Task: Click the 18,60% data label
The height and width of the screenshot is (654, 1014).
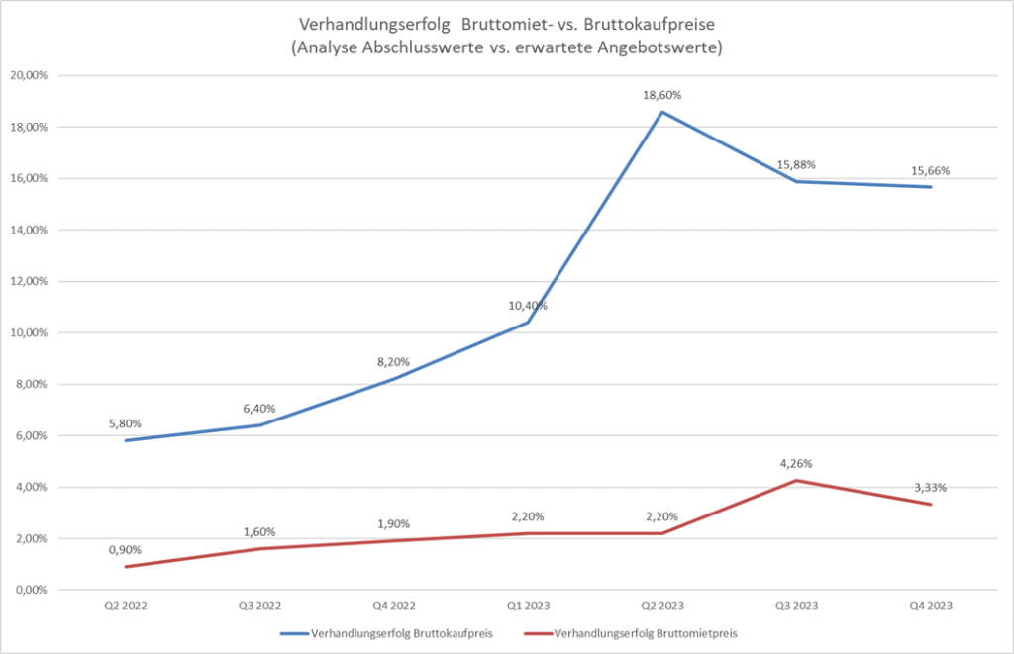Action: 662,95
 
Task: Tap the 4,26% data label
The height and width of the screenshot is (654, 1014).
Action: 797,463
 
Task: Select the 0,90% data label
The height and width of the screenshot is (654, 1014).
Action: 125,549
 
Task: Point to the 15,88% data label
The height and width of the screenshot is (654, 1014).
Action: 797,164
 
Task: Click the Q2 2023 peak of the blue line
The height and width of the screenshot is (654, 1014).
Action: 662,112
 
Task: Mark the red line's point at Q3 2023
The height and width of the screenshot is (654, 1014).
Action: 797,481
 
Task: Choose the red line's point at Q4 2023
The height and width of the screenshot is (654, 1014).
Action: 931,505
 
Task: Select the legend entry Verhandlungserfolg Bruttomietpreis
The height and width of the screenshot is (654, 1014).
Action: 634,632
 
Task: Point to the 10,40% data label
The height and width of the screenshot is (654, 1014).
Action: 528,306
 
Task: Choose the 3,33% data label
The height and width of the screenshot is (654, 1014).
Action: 931,487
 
